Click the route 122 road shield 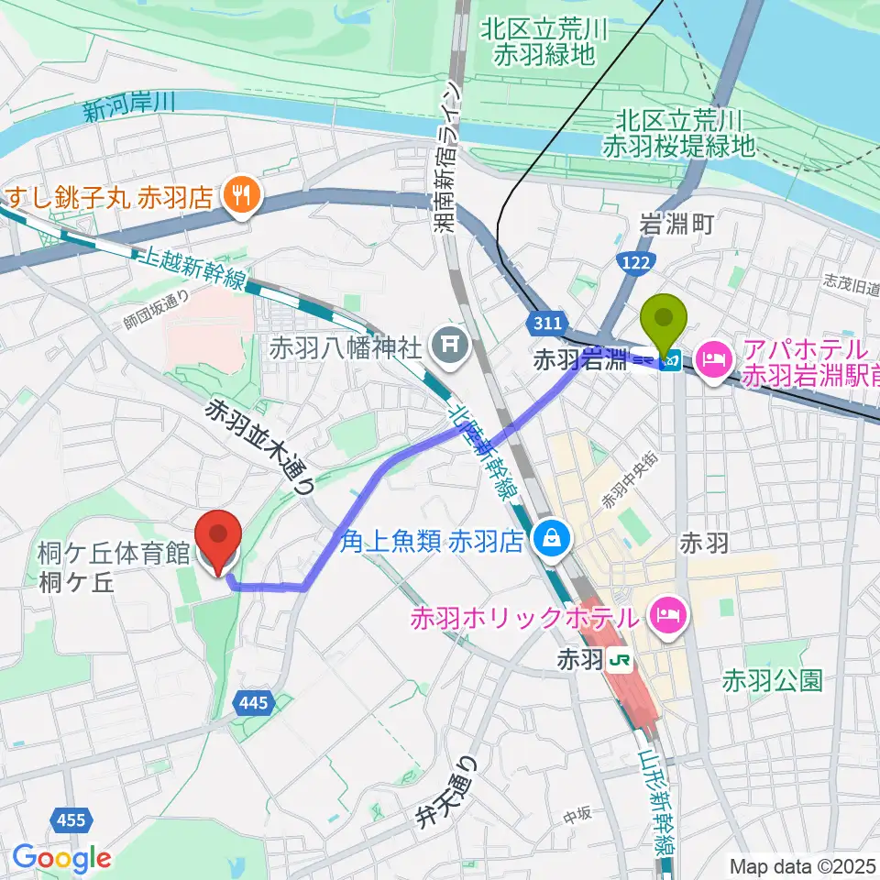tap(637, 263)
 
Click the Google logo tap(61, 858)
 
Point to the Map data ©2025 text tap(802, 865)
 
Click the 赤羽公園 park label tap(772, 679)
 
